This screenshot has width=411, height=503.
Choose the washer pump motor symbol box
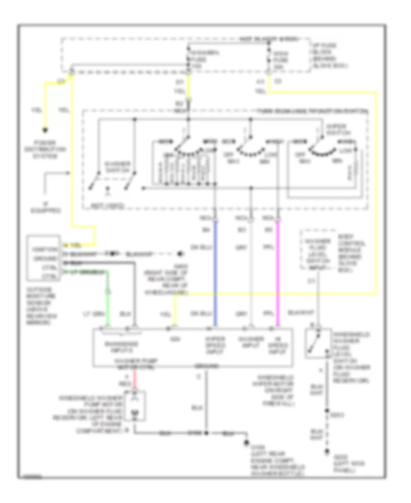(x=135, y=406)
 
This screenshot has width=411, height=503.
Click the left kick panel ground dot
(x=326, y=452)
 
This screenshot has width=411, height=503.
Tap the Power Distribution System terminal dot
(x=44, y=130)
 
